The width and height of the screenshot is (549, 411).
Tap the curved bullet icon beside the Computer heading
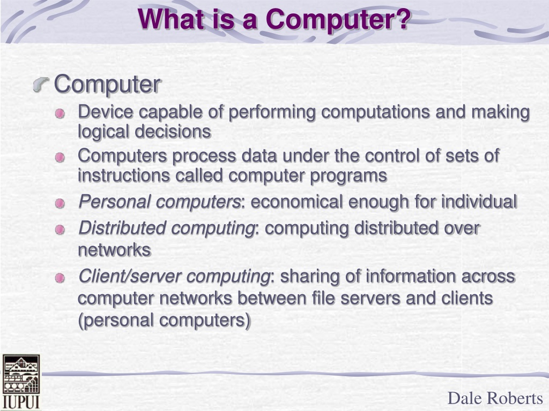click(41, 84)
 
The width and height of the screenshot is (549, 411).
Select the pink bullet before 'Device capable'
click(60, 113)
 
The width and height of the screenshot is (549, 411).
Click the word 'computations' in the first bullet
click(375, 112)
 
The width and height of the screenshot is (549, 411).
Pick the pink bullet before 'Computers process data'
click(60, 157)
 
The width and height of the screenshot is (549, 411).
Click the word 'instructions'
click(124, 175)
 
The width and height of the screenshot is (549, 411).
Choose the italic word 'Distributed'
click(122, 228)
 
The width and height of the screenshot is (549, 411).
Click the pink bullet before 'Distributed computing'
click(60, 230)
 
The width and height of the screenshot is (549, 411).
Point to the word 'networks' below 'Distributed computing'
click(114, 250)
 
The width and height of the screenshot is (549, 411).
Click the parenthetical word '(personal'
click(116, 321)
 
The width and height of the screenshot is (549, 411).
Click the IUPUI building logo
click(21, 382)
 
